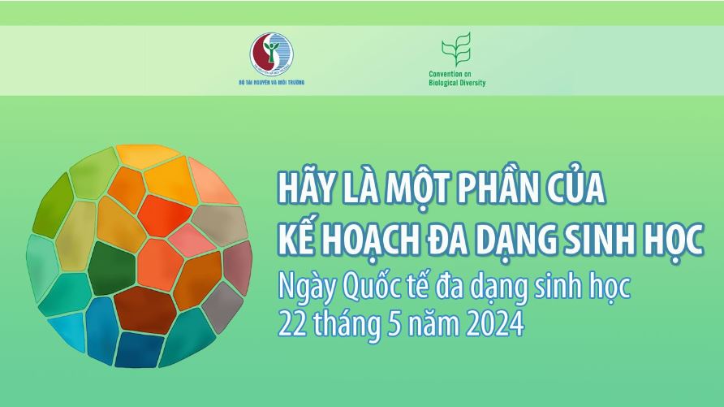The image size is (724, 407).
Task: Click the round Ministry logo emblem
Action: [271, 54]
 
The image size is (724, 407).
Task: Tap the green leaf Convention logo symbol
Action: [456, 50]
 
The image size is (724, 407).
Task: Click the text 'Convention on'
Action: [450, 74]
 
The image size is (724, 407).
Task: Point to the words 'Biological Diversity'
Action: [457, 83]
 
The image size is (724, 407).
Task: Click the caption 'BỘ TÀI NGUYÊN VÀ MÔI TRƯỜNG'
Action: [271, 82]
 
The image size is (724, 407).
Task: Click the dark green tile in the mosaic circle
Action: [111, 268]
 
